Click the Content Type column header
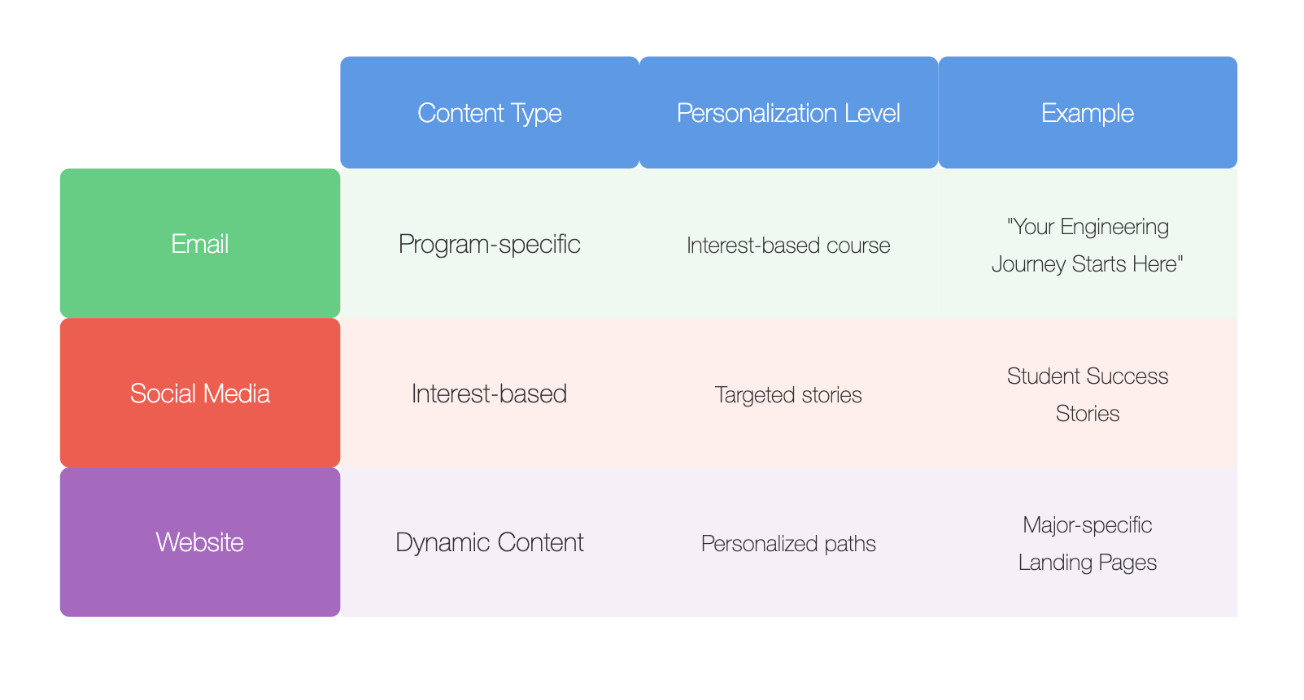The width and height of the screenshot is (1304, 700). pyautogui.click(x=490, y=112)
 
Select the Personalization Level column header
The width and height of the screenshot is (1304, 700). pyautogui.click(x=789, y=112)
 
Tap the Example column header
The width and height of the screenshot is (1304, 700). pyautogui.click(x=1088, y=112)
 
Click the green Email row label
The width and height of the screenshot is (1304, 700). pyautogui.click(x=200, y=243)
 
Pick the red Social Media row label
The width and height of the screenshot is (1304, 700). pyautogui.click(x=200, y=393)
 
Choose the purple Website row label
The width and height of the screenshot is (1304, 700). pyautogui.click(x=200, y=542)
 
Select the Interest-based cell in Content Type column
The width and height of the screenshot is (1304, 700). pyautogui.click(x=490, y=393)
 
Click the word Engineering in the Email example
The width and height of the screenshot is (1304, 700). pyautogui.click(x=1114, y=227)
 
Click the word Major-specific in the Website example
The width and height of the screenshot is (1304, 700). pyautogui.click(x=1088, y=525)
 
